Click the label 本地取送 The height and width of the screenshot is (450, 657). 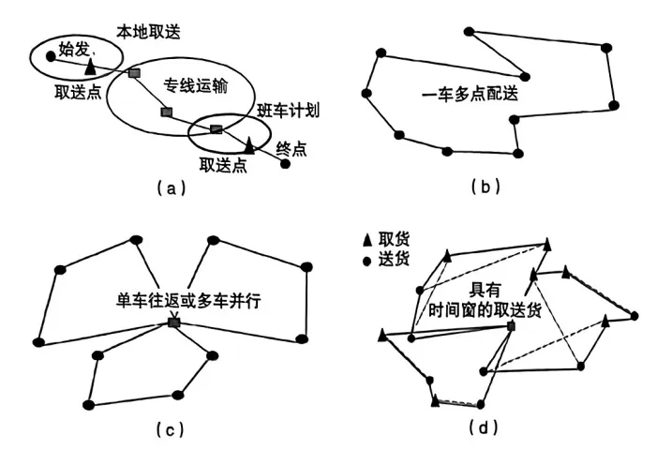(148, 32)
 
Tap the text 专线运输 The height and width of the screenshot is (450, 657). (196, 85)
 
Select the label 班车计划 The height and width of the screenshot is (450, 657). (288, 111)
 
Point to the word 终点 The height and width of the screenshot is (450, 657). (291, 149)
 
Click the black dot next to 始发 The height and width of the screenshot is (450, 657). (51, 56)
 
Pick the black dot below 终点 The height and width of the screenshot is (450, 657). (285, 164)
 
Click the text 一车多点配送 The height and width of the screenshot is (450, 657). (470, 94)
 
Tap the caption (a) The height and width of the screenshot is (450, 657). (171, 188)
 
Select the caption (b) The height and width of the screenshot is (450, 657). (485, 186)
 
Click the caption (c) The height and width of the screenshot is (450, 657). (171, 429)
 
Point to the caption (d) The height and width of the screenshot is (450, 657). (484, 427)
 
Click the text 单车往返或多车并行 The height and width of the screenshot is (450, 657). (188, 301)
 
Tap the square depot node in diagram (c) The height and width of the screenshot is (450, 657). (174, 322)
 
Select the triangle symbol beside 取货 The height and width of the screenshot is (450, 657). (367, 240)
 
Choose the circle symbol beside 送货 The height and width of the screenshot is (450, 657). (367, 262)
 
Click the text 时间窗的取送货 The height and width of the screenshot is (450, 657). (485, 310)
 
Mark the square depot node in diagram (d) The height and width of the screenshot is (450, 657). (511, 325)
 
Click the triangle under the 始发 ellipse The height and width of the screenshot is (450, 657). (90, 67)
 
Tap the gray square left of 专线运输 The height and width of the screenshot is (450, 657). (134, 73)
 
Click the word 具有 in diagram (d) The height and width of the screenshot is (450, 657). (485, 290)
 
